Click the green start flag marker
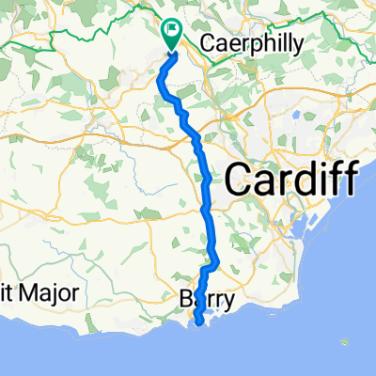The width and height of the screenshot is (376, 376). click(x=172, y=35)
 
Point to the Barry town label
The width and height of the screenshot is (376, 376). click(x=206, y=302)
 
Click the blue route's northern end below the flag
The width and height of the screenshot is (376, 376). click(x=172, y=53)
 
